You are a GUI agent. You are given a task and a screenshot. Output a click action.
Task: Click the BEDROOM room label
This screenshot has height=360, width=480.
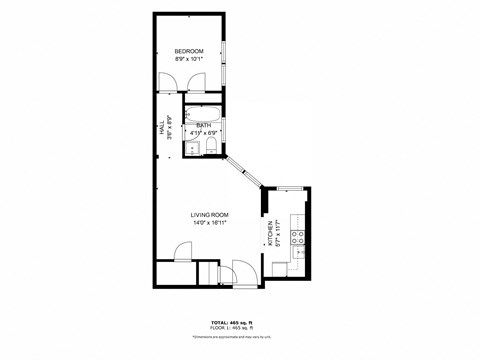188,52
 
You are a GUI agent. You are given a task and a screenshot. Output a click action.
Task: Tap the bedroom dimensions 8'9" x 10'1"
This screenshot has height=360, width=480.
188,60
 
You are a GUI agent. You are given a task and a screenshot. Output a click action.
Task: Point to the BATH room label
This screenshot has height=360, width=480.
203,125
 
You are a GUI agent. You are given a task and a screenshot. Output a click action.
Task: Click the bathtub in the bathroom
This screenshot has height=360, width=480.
204,113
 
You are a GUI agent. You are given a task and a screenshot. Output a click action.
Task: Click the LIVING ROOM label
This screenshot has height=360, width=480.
210,215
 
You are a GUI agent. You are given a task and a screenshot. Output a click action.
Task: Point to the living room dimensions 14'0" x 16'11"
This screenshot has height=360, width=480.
210,223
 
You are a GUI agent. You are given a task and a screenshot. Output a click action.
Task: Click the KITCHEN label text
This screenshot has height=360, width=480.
270,236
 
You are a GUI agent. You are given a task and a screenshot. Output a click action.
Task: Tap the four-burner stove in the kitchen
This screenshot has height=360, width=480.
297,238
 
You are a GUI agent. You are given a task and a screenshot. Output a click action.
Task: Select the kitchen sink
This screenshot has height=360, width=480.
298,218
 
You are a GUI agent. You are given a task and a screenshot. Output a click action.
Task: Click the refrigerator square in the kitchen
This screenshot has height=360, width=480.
280,268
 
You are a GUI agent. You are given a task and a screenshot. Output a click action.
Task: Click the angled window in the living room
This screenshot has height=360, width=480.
243,169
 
